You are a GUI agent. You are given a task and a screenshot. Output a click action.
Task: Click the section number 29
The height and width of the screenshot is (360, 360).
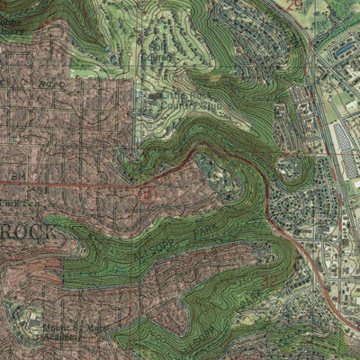[x=296, y=5]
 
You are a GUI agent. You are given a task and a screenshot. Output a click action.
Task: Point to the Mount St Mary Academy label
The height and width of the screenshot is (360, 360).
[x=62, y=336]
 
